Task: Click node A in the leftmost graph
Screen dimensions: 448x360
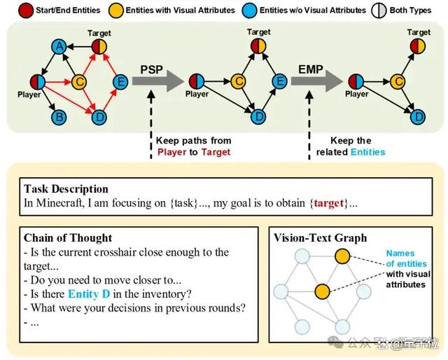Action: click(x=59, y=47)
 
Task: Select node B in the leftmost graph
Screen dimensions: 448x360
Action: click(x=59, y=117)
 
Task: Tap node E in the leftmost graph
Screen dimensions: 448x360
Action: click(x=120, y=82)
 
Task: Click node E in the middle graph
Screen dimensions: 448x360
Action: click(x=280, y=81)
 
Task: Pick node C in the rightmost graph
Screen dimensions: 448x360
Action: click(x=398, y=81)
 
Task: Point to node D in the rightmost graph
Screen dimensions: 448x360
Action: click(x=418, y=117)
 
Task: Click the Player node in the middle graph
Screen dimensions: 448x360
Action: click(x=197, y=81)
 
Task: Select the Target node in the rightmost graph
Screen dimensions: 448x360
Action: click(x=418, y=46)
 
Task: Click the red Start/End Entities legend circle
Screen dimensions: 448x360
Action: click(x=26, y=11)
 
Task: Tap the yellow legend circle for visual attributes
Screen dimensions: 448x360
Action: click(x=116, y=11)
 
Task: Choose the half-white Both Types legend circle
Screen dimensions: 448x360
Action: click(x=379, y=11)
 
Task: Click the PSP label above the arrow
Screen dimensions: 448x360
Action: click(x=151, y=70)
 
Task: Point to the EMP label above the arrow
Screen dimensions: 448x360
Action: click(x=311, y=69)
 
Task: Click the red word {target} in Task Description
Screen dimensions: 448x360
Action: click(x=329, y=203)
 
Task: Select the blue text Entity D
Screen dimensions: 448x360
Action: click(x=89, y=294)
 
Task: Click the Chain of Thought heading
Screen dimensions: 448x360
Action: click(x=68, y=238)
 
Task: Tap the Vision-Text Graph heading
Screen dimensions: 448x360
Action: click(x=321, y=238)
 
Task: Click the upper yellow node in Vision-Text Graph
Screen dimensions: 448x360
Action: click(x=342, y=256)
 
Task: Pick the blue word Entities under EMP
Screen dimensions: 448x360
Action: click(x=368, y=152)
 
